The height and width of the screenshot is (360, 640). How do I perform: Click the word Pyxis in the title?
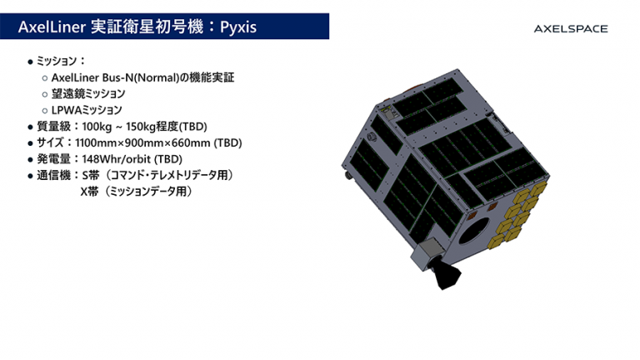238,27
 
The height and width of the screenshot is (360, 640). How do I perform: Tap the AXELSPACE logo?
571,28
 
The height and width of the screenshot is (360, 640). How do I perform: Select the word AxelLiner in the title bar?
52,27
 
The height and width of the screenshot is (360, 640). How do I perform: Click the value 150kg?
141,127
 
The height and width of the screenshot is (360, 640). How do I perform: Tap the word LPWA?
67,110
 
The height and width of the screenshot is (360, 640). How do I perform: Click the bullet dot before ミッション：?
30,62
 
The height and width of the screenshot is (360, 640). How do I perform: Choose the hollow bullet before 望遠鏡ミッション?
45,94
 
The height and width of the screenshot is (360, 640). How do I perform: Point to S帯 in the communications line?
91,176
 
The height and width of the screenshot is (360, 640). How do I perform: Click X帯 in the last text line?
89,192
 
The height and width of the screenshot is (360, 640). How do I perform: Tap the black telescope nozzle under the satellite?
447,274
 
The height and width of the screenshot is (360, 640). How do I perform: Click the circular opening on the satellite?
474,230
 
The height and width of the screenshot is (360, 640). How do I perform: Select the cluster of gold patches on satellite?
517,215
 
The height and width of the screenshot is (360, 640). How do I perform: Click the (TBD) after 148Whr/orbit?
168,159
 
